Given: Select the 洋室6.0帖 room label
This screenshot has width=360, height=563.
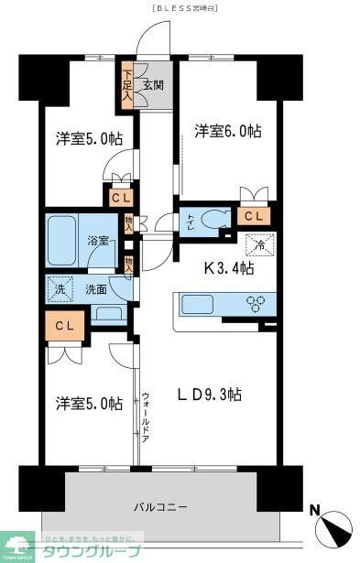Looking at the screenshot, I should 228,131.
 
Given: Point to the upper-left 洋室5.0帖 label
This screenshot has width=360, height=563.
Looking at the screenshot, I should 88,139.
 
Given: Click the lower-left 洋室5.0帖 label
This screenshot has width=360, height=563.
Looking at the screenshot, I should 88,403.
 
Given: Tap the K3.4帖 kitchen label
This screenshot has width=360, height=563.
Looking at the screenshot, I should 228,269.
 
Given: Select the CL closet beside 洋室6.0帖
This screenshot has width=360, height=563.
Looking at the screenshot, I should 253,216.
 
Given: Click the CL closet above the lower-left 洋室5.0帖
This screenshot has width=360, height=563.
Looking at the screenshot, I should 64,325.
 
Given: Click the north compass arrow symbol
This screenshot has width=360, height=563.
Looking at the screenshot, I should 333,528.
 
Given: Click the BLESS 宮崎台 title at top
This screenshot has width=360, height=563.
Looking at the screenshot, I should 180,7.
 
